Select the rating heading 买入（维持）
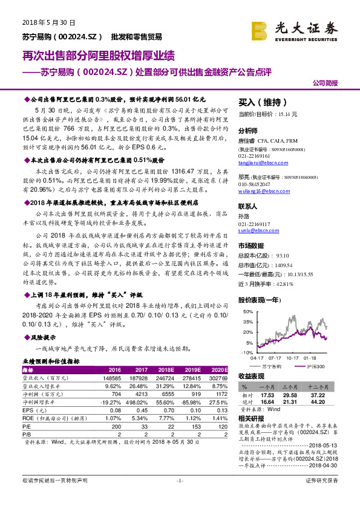click(259, 103)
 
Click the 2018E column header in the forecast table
click(168, 369)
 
